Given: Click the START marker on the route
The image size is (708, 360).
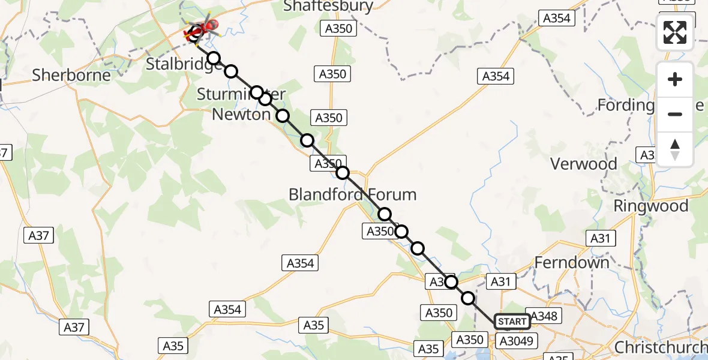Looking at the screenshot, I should (x=511, y=322).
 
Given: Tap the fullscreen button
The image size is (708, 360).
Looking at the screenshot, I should (x=675, y=32).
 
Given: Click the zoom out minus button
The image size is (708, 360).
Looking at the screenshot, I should (x=675, y=114).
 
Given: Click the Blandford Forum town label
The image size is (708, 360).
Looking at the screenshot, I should (x=352, y=194).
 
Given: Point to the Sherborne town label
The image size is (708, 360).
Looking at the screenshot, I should (x=71, y=75).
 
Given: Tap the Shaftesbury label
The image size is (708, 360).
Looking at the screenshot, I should (x=328, y=7).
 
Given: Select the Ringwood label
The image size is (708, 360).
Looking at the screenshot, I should (x=650, y=206).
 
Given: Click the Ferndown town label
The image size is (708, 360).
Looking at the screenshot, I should (x=571, y=262).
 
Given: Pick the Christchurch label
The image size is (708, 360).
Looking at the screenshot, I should (x=660, y=347).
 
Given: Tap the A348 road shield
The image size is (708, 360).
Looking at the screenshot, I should (x=544, y=316).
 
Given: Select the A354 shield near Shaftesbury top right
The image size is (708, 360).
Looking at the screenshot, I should (x=556, y=19).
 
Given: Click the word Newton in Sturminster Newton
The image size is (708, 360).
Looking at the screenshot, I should (x=241, y=114).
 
